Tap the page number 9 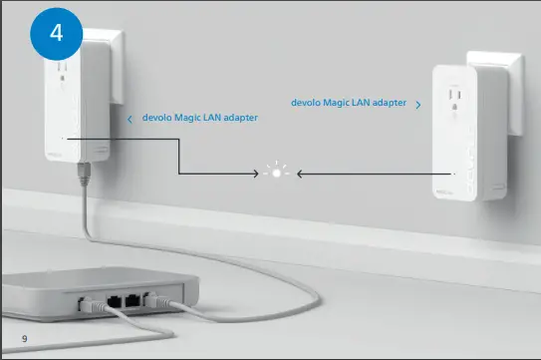[x=24, y=341]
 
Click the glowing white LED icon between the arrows [x=278, y=173]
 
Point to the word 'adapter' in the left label [x=240, y=118]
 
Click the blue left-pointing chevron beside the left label [x=130, y=119]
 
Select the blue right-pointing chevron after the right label [x=417, y=104]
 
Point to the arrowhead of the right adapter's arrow [x=299, y=173]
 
